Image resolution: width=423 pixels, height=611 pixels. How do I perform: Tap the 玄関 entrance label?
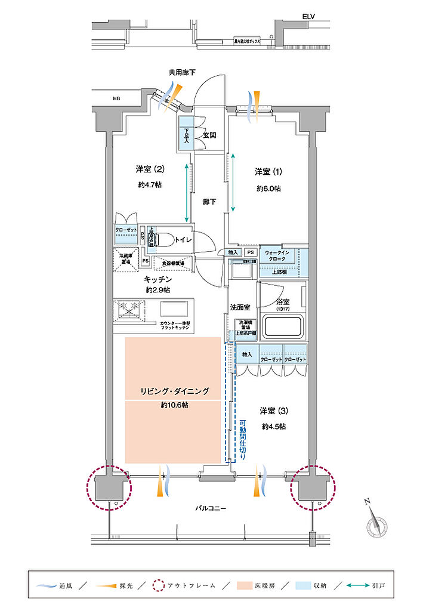[x=209, y=135]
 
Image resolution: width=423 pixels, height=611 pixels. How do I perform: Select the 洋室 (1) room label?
[x=268, y=172]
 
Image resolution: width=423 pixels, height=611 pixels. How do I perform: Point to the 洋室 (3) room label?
[x=274, y=411]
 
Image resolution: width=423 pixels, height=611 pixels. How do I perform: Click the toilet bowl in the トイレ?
[x=169, y=239]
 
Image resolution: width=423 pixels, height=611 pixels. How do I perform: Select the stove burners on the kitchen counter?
[x=131, y=309]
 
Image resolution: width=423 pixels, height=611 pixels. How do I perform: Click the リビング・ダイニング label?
[x=174, y=391]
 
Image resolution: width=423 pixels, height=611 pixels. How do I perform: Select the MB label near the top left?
[x=116, y=98]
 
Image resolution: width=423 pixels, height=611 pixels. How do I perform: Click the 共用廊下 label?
[x=181, y=72]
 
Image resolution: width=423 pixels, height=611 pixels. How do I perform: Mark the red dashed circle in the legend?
[x=158, y=585]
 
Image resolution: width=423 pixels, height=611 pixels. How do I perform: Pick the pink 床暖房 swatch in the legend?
[x=247, y=585]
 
